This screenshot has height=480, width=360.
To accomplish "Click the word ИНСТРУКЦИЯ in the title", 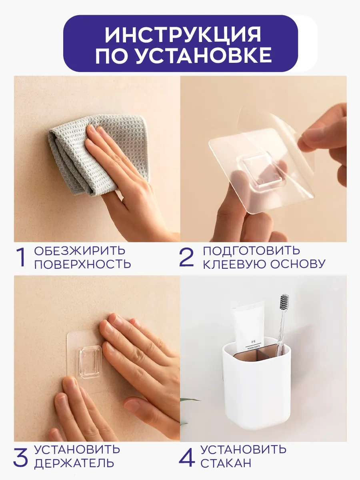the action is [183, 34].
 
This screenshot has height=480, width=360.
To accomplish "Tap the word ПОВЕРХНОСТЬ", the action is [83, 264].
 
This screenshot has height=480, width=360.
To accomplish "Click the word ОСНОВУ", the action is [298, 264].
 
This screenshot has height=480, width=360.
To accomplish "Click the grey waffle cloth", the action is [96, 153].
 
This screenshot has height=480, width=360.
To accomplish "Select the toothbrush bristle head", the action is [284, 302].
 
